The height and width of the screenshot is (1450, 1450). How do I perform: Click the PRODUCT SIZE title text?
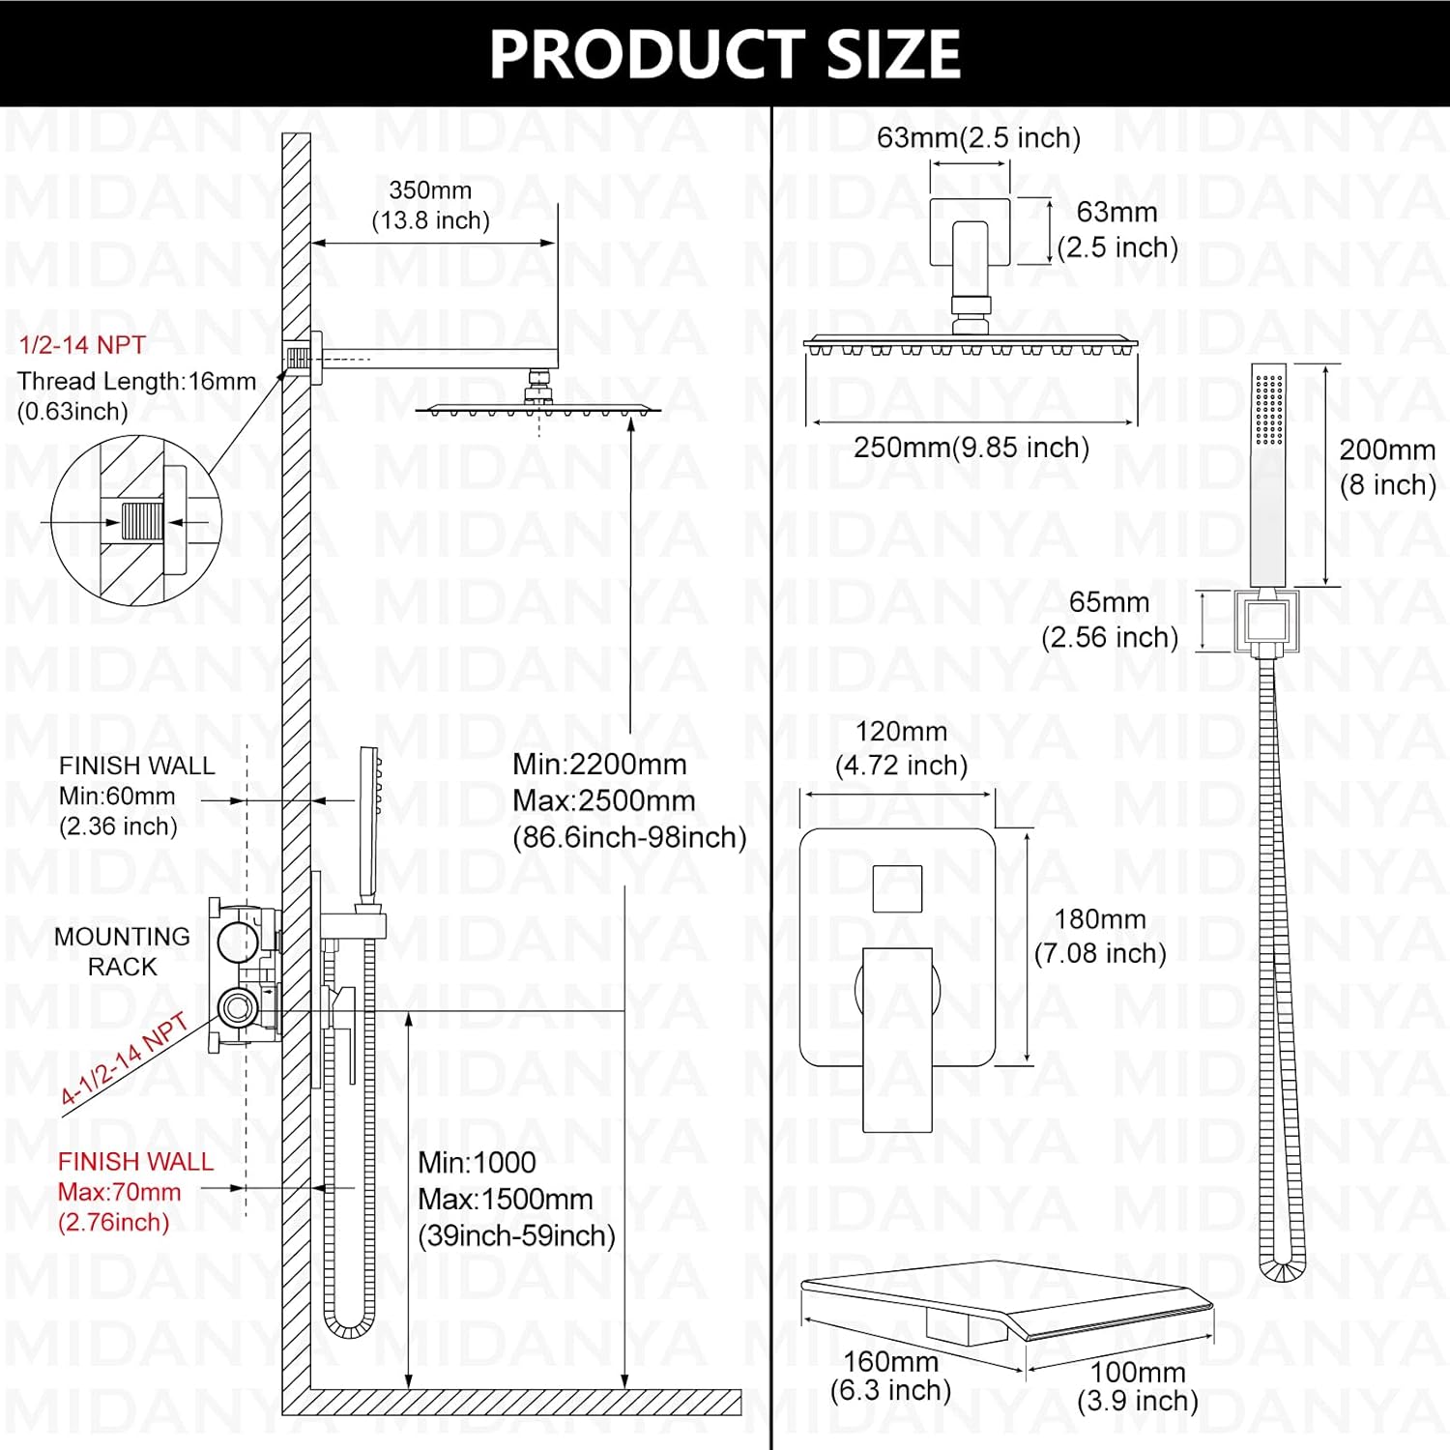(724, 54)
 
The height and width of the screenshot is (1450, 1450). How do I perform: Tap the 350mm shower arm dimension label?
(430, 206)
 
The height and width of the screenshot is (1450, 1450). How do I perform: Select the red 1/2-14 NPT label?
(82, 345)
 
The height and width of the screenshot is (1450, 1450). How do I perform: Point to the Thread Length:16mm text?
(136, 381)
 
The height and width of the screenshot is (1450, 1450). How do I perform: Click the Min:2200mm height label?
(599, 765)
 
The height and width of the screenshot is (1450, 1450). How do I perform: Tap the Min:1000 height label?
(477, 1163)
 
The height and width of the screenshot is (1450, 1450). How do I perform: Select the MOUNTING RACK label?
(122, 951)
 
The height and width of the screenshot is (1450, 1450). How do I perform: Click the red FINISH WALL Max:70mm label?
(134, 1191)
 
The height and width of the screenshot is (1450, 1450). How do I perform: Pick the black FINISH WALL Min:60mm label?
(135, 796)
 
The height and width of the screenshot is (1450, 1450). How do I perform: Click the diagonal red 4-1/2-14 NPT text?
(124, 1059)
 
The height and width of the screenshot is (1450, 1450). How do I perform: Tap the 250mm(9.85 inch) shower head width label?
(971, 448)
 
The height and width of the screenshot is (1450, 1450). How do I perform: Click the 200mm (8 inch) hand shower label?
(1386, 467)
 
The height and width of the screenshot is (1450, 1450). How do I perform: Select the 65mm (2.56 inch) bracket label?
(1109, 620)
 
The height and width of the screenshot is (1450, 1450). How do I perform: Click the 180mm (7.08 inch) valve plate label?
(1100, 936)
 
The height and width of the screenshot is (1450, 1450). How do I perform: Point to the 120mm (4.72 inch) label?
(901, 748)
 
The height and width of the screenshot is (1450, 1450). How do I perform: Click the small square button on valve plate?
(897, 888)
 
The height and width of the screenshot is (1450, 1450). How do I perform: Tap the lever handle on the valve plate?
(897, 1039)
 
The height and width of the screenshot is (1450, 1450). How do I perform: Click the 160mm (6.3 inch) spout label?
(890, 1376)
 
